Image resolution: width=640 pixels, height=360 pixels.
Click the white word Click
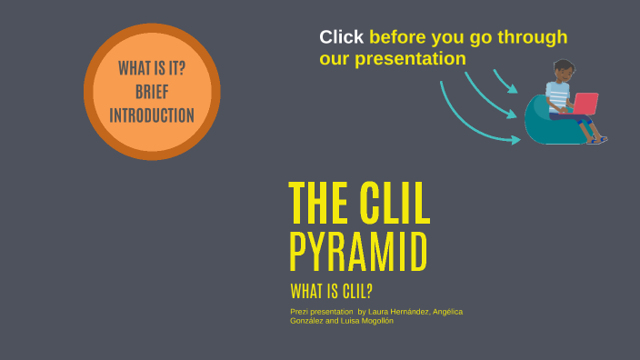click(341, 37)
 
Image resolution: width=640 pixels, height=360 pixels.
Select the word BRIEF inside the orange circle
click(152, 92)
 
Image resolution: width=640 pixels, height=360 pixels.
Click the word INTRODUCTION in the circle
click(152, 115)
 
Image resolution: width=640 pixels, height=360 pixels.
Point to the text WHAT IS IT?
click(152, 69)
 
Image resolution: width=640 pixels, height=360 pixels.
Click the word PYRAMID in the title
click(358, 253)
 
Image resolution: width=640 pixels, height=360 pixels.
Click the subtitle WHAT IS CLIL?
click(332, 292)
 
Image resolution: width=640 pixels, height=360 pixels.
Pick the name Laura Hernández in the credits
click(397, 312)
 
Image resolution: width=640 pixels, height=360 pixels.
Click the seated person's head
click(564, 71)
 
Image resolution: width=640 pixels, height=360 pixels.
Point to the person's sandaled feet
click(597, 139)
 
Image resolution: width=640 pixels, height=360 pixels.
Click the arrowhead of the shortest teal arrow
click(514, 90)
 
